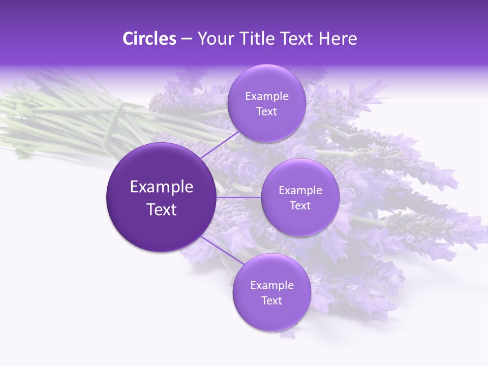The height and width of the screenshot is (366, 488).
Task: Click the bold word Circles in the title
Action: [x=149, y=39]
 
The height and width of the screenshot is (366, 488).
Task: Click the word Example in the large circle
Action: [x=162, y=187]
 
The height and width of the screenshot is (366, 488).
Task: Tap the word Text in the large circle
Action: [x=162, y=209]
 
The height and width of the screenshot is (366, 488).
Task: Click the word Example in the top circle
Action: [x=267, y=97]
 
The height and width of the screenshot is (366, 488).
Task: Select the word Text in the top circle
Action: [x=267, y=112]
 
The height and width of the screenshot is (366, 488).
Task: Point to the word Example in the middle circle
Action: [x=300, y=191]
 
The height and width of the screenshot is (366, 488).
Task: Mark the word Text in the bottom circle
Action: [x=271, y=301]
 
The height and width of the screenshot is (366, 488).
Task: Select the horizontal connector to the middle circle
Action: [x=239, y=197]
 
